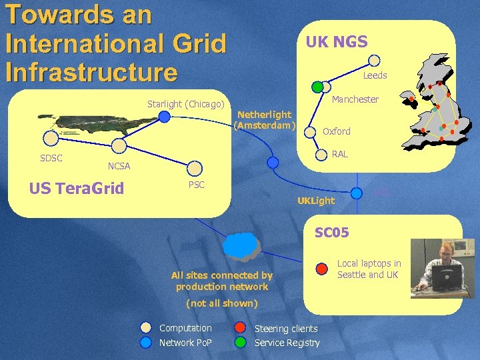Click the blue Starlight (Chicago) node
pyautogui.click(x=165, y=117)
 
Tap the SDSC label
pyautogui.click(x=51, y=158)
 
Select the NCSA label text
pyautogui.click(x=119, y=166)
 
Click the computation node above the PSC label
pyautogui.click(x=195, y=167)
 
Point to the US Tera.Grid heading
pyautogui.click(x=77, y=188)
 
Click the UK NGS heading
pyautogui.click(x=336, y=42)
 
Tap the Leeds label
pyautogui.click(x=375, y=75)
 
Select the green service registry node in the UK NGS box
pyautogui.click(x=318, y=86)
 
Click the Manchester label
pyautogui.click(x=355, y=99)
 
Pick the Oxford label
pyautogui.click(x=336, y=131)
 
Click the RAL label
pyautogui.click(x=339, y=154)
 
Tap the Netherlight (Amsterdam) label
pyautogui.click(x=265, y=120)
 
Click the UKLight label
pyautogui.click(x=316, y=200)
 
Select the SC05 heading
pyautogui.click(x=331, y=232)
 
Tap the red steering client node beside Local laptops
pyautogui.click(x=321, y=269)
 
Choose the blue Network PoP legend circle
pyautogui.click(x=146, y=343)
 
